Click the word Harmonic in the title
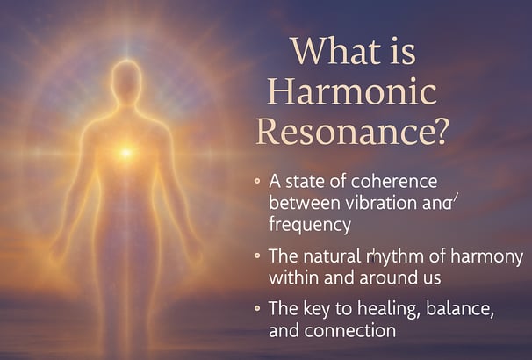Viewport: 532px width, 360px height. click(x=352, y=91)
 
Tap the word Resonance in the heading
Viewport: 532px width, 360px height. click(x=345, y=132)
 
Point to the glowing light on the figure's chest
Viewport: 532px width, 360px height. click(x=126, y=153)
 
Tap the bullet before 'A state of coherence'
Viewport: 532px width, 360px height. click(x=257, y=181)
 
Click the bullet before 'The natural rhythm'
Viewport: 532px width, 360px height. click(x=257, y=256)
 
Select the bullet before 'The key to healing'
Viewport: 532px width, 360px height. click(x=257, y=308)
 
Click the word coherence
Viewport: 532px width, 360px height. click(x=394, y=182)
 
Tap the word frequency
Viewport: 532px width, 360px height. click(x=310, y=226)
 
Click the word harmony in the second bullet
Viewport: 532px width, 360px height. click(x=487, y=257)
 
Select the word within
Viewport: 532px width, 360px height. click(x=294, y=277)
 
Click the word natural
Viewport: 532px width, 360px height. click(x=332, y=256)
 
